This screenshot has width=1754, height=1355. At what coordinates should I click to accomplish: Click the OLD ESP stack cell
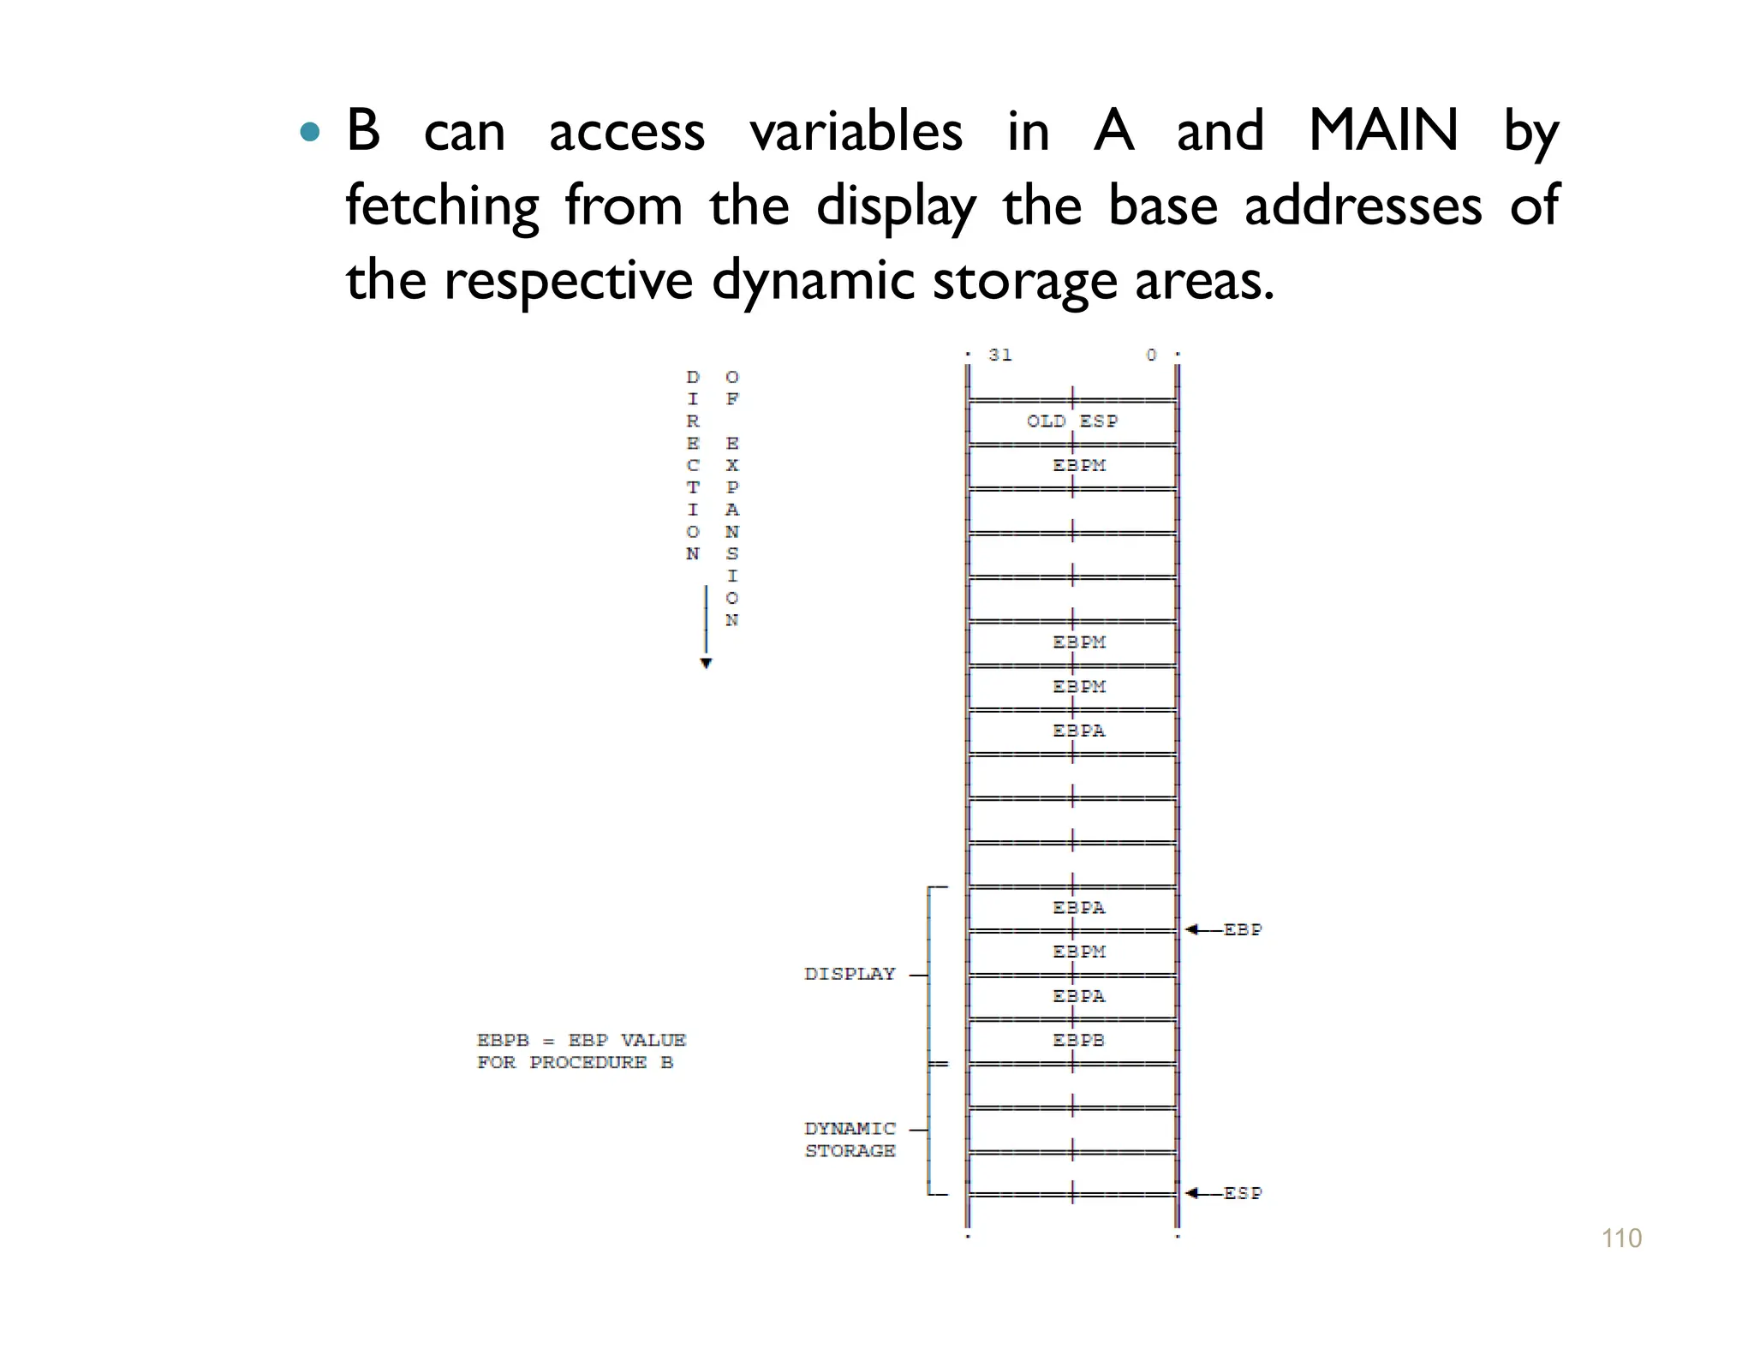tap(1072, 421)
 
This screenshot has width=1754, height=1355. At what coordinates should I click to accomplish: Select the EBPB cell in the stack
tap(1078, 1040)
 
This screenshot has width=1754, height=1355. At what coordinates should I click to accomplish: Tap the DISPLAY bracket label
tap(849, 974)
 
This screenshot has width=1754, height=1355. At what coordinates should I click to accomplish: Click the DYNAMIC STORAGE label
tap(850, 1139)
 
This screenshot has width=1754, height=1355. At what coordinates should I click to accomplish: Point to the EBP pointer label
tap(1242, 929)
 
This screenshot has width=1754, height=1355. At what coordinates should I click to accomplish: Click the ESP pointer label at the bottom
tap(1242, 1193)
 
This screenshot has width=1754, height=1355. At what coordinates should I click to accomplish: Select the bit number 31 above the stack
tap(999, 355)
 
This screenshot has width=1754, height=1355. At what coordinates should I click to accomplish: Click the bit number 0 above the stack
tap(1151, 355)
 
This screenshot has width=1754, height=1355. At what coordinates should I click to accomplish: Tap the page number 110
tap(1621, 1239)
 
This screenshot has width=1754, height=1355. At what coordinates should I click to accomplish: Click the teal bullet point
tap(310, 133)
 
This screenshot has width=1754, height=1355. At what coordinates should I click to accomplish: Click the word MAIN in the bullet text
tap(1383, 131)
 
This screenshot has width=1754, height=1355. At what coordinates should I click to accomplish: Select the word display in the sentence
tap(895, 206)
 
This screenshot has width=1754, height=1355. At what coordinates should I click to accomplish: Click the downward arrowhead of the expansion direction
tap(706, 663)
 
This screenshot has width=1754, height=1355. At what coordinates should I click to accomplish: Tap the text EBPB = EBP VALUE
tap(581, 1040)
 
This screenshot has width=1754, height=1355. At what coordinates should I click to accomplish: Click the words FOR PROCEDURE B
tap(575, 1062)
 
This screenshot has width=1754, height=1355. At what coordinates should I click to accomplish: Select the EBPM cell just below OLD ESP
tap(1078, 466)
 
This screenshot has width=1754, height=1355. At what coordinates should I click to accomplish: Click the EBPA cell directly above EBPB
tap(1078, 996)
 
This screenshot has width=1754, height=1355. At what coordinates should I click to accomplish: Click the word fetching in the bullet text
tap(442, 206)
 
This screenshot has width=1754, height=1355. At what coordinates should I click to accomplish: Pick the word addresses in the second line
tap(1363, 206)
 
